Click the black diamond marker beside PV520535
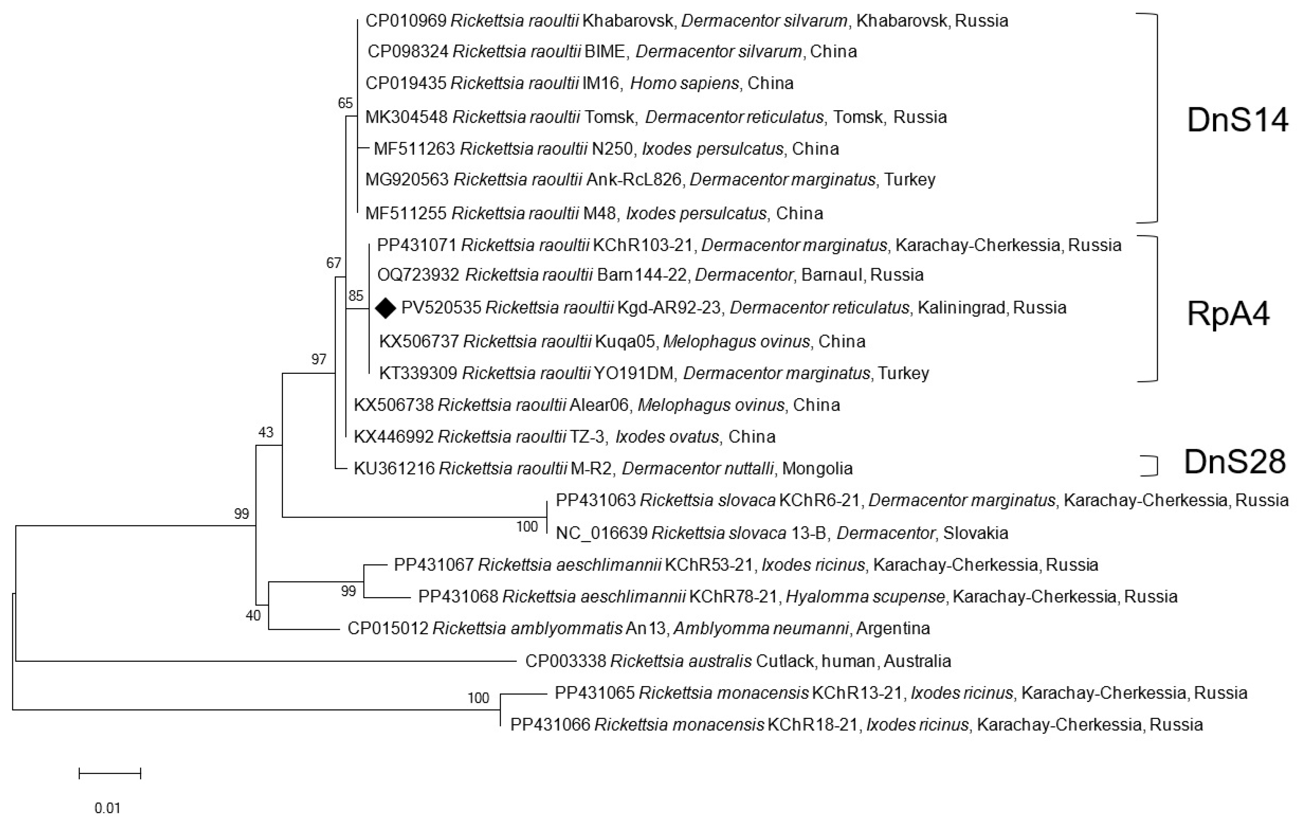[x=385, y=308]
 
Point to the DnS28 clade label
[x=1235, y=463]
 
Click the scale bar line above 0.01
[x=110, y=774]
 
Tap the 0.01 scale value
[x=107, y=808]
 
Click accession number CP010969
[x=406, y=21]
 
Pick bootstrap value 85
[x=356, y=295]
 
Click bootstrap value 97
[x=319, y=359]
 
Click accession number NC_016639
[x=601, y=533]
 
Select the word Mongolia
[x=818, y=468]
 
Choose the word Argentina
[x=893, y=628]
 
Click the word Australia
[x=917, y=661]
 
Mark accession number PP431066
[x=550, y=724]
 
